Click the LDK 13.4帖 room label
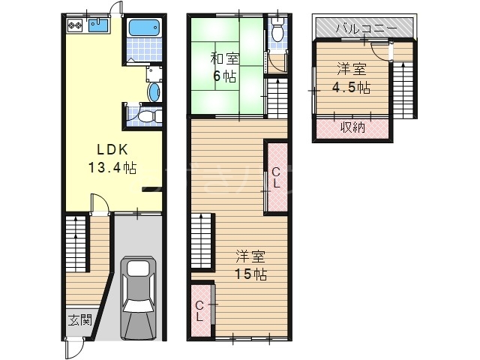click(112, 158)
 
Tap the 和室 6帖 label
click(225, 67)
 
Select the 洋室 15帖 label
click(250, 265)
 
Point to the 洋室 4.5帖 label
click(352, 78)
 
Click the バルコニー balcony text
click(367, 28)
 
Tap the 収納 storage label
click(353, 127)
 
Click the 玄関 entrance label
click(79, 320)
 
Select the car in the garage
click(138, 298)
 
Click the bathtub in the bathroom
click(145, 28)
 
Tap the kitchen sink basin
click(98, 25)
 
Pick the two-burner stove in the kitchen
click(75, 25)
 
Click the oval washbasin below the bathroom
click(154, 91)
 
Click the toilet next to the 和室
click(278, 30)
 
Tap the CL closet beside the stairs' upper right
click(276, 178)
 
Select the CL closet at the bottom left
click(199, 310)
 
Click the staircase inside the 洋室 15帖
click(201, 241)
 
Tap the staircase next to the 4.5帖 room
click(403, 90)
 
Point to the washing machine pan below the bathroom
click(154, 73)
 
